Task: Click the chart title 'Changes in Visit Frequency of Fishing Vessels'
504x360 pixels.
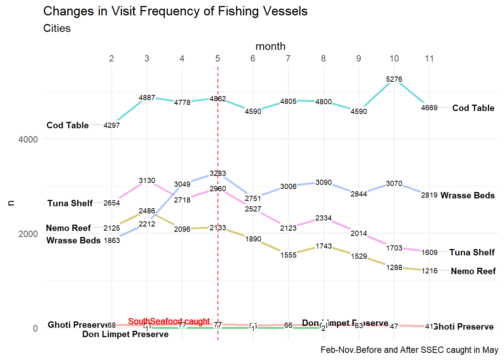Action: pyautogui.click(x=175, y=11)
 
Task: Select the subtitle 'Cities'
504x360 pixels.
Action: pyautogui.click(x=57, y=28)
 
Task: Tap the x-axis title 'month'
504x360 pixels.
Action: pyautogui.click(x=270, y=46)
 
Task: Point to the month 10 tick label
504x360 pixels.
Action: pyautogui.click(x=394, y=58)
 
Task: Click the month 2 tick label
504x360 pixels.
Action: pyautogui.click(x=111, y=58)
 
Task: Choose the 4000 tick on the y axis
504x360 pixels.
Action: pyautogui.click(x=28, y=139)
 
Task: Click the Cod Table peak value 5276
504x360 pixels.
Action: pyautogui.click(x=394, y=79)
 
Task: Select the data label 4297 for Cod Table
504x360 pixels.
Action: pyautogui.click(x=112, y=125)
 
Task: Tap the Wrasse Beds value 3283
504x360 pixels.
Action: pyautogui.click(x=218, y=173)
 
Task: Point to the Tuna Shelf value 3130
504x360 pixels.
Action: pyautogui.click(x=147, y=181)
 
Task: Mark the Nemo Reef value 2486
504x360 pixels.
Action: pyautogui.click(x=147, y=211)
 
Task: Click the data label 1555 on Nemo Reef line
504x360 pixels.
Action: pyautogui.click(x=288, y=255)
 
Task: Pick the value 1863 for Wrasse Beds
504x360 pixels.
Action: pyautogui.click(x=112, y=240)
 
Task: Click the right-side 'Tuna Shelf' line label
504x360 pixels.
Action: pyautogui.click(x=472, y=252)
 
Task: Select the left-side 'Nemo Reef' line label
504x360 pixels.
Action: pyautogui.click(x=68, y=228)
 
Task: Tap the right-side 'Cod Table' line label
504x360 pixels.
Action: pyautogui.click(x=473, y=108)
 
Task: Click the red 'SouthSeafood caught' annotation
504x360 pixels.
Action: pyautogui.click(x=169, y=321)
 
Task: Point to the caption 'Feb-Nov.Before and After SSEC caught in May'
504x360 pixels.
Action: pyautogui.click(x=409, y=350)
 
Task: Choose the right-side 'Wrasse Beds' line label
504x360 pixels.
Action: pyautogui.click(x=468, y=195)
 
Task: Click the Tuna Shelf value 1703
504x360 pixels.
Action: pyautogui.click(x=394, y=248)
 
